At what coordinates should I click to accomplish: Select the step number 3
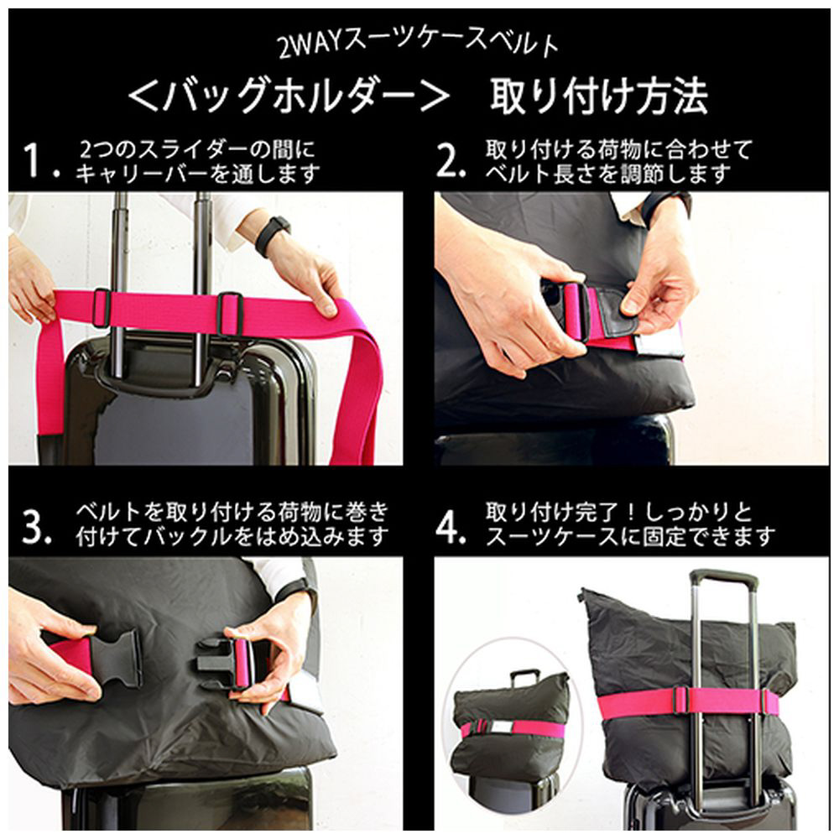36,527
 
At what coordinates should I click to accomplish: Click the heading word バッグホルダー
289,96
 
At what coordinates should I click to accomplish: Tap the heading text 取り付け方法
599,96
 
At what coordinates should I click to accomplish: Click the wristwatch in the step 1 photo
273,236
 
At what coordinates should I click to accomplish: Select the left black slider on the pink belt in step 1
102,308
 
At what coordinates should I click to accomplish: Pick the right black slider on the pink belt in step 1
230,313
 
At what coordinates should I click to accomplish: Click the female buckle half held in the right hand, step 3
219,664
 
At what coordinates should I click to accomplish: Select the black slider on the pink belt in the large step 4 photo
681,701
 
